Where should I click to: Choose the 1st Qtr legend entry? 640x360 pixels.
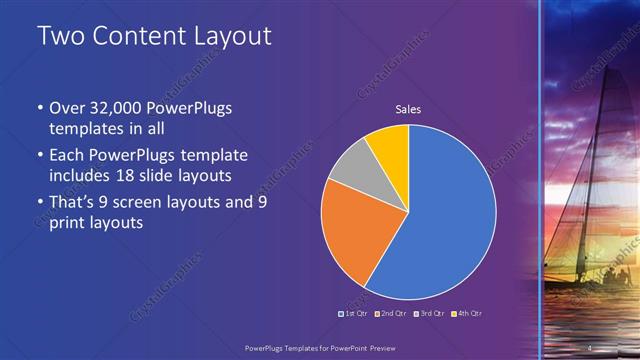click(x=354, y=313)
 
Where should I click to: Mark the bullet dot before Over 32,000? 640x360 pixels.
click(x=40, y=108)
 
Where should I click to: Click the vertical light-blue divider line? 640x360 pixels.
click(x=540, y=180)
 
